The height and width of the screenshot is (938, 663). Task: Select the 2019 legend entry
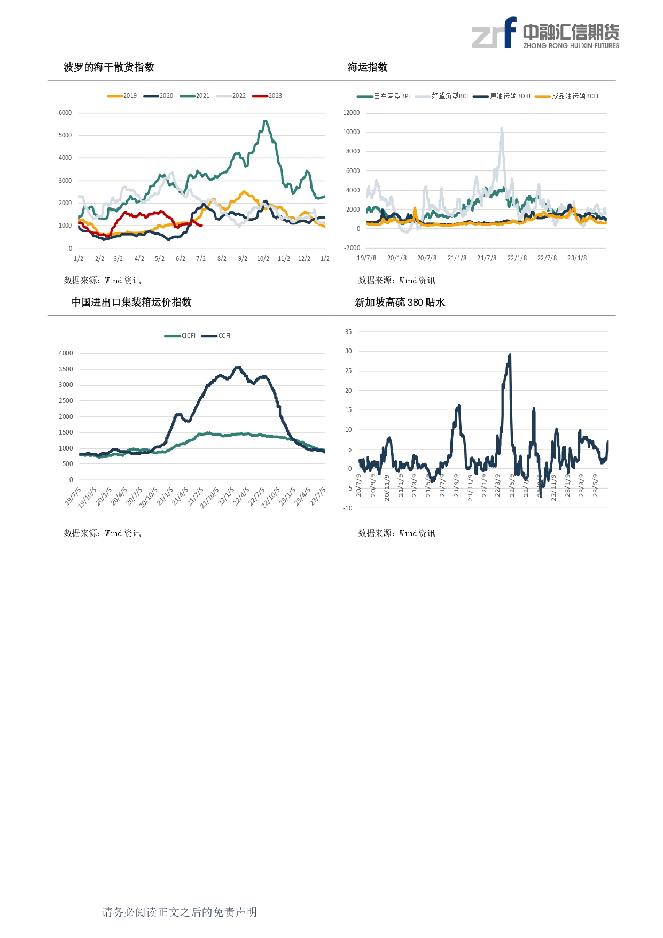[x=122, y=96]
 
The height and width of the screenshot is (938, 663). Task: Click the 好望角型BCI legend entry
[x=442, y=96]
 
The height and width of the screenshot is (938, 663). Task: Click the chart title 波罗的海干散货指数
[x=109, y=67]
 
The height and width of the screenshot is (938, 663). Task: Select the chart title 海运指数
[x=368, y=67]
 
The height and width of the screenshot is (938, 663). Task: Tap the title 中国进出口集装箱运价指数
[x=131, y=303]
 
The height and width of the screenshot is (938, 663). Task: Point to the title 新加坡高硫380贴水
[x=400, y=303]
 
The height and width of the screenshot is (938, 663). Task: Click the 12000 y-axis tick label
[x=351, y=113]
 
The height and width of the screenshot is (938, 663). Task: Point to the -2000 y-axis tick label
[x=352, y=248]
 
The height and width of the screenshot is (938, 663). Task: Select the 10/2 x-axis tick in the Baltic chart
[x=263, y=259]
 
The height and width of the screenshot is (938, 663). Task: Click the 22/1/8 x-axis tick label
[x=517, y=258]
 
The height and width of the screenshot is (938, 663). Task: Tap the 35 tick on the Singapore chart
[x=348, y=332]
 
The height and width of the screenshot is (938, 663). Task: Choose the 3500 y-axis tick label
[x=66, y=369]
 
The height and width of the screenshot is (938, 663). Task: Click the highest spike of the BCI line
[x=502, y=128]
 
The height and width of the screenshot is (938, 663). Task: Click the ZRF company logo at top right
[x=545, y=33]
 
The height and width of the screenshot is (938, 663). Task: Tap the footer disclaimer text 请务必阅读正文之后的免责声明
[x=180, y=912]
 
